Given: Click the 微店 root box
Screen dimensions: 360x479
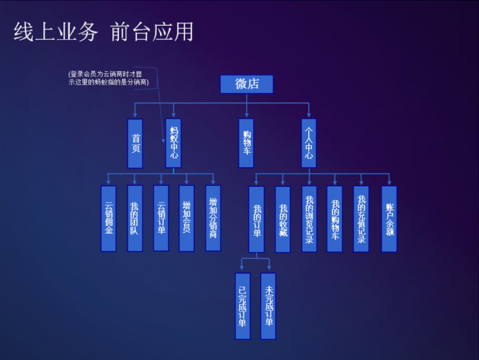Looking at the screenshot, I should (x=246, y=84).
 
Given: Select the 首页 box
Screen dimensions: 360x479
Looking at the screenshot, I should (x=135, y=143).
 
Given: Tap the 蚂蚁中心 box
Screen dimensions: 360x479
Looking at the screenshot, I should (x=173, y=143).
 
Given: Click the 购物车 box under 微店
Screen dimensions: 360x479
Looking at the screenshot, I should (x=246, y=143).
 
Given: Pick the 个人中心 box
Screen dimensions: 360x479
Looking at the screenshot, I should (x=309, y=143).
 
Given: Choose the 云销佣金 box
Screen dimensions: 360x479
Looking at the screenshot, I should (x=109, y=218).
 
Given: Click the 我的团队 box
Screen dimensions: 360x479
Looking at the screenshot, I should (x=135, y=218).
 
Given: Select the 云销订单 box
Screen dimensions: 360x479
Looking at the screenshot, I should (x=161, y=218).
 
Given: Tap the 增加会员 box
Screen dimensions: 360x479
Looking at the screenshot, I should (x=187, y=218).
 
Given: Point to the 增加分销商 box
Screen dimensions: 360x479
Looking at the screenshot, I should (x=213, y=218).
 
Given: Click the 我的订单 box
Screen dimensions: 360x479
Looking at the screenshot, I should (x=257, y=219).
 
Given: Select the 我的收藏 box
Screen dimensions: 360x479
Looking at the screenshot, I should (x=283, y=219).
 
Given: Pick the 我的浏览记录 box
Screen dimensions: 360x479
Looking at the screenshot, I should (x=309, y=219).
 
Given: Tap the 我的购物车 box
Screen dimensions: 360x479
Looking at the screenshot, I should (x=335, y=219).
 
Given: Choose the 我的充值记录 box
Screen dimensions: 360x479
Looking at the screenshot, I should (x=361, y=219).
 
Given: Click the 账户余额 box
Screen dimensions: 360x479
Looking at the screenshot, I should (x=389, y=219).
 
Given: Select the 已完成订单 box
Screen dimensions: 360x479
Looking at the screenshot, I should (x=243, y=306).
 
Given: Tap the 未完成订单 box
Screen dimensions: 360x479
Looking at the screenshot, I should (x=268, y=306).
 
